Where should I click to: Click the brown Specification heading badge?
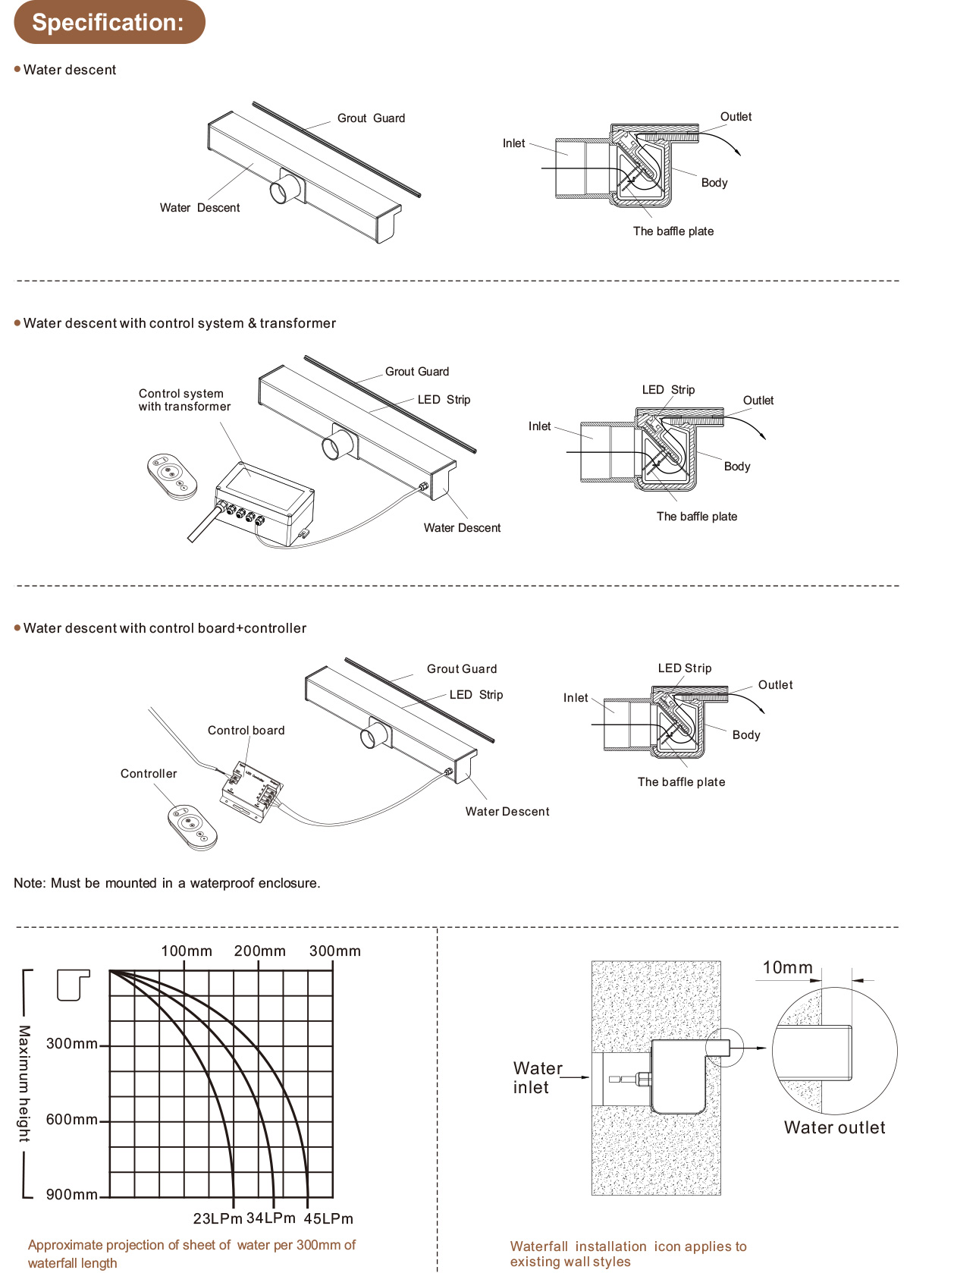(x=109, y=22)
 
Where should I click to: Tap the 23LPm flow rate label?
(x=217, y=1218)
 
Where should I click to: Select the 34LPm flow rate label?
(x=271, y=1218)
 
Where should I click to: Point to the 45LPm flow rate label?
(x=328, y=1218)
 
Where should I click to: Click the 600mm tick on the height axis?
(x=72, y=1120)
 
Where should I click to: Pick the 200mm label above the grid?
(x=260, y=951)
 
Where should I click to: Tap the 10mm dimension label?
(x=787, y=967)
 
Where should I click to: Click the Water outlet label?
(x=834, y=1127)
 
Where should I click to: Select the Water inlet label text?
(x=537, y=1077)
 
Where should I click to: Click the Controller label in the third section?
(x=149, y=774)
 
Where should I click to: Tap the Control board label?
(x=246, y=731)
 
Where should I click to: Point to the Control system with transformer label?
(x=184, y=400)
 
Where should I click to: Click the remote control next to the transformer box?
(x=172, y=476)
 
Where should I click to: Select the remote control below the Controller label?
(x=192, y=826)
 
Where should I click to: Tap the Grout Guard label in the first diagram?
(x=371, y=118)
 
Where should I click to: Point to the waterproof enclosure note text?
(x=167, y=883)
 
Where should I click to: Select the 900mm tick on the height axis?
(x=72, y=1195)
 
